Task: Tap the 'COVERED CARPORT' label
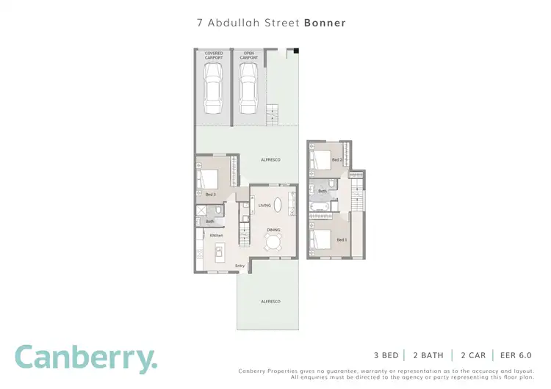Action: (213, 55)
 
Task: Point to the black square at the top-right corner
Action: (298, 51)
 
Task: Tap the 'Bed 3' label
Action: (210, 194)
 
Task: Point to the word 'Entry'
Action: (240, 266)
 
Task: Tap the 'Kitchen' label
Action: (216, 236)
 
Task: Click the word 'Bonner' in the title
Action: (325, 23)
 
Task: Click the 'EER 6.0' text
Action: (517, 355)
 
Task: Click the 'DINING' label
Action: (273, 230)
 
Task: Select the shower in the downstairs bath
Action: (200, 211)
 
